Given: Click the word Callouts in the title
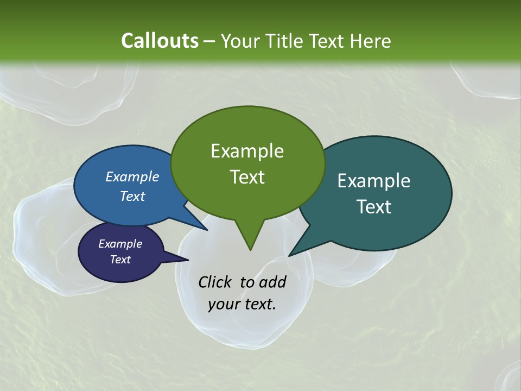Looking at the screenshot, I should [x=160, y=41].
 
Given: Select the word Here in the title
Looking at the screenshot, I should [x=371, y=41].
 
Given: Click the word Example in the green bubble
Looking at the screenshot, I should [x=247, y=150].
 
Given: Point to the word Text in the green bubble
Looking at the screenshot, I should [x=247, y=177].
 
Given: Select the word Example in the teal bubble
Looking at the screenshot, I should [x=373, y=180].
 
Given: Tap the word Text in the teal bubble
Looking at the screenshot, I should [x=373, y=207].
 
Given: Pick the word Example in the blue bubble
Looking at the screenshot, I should [x=132, y=176].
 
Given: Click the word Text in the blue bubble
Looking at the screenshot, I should [x=132, y=196].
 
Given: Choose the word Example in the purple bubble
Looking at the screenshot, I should [x=120, y=244].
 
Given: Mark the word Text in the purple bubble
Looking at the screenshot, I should [x=120, y=260].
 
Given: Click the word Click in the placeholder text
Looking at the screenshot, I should [x=214, y=282].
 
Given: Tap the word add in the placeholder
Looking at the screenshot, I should [x=272, y=282].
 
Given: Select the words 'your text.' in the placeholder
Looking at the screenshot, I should [x=242, y=304].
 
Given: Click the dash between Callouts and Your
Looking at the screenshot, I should [x=210, y=41].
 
